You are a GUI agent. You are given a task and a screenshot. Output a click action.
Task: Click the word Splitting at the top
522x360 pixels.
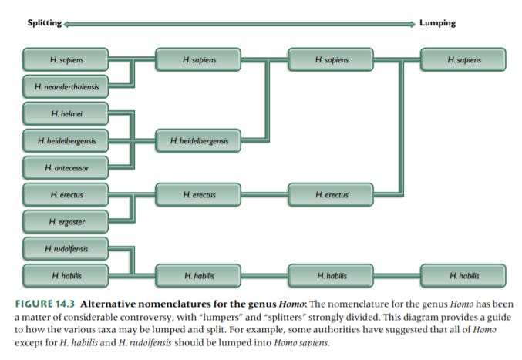click(44, 22)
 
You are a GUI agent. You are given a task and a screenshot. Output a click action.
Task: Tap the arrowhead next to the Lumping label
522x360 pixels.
click(413, 23)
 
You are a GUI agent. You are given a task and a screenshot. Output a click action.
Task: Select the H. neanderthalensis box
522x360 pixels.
click(66, 86)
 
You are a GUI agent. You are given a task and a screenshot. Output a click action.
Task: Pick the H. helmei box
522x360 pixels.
click(66, 115)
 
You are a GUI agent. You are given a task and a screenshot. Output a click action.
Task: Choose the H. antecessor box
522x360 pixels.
click(66, 167)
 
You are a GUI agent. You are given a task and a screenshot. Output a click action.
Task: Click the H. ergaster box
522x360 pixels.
click(66, 223)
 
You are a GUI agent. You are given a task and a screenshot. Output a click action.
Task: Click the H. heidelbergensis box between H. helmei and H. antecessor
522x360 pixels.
click(66, 141)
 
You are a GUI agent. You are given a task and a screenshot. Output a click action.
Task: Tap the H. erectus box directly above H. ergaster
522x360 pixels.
click(66, 195)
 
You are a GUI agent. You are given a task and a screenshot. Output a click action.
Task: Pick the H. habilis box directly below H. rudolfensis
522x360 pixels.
click(66, 274)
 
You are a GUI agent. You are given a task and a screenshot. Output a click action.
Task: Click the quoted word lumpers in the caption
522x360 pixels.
click(234, 313)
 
